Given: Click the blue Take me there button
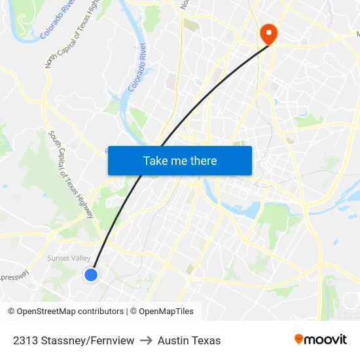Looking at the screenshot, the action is click(180, 160).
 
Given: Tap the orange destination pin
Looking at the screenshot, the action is click(268, 33).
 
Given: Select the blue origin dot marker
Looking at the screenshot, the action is click(92, 275).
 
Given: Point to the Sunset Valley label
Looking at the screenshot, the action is click(69, 259).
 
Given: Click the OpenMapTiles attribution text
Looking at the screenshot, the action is click(166, 312).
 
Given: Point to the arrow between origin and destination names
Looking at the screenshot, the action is click(146, 340).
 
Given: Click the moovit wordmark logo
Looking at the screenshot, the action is click(325, 339).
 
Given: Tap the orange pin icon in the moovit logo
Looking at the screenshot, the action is click(299, 339).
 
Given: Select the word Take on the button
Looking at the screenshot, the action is click(155, 160).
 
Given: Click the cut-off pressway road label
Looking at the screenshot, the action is click(14, 276).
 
